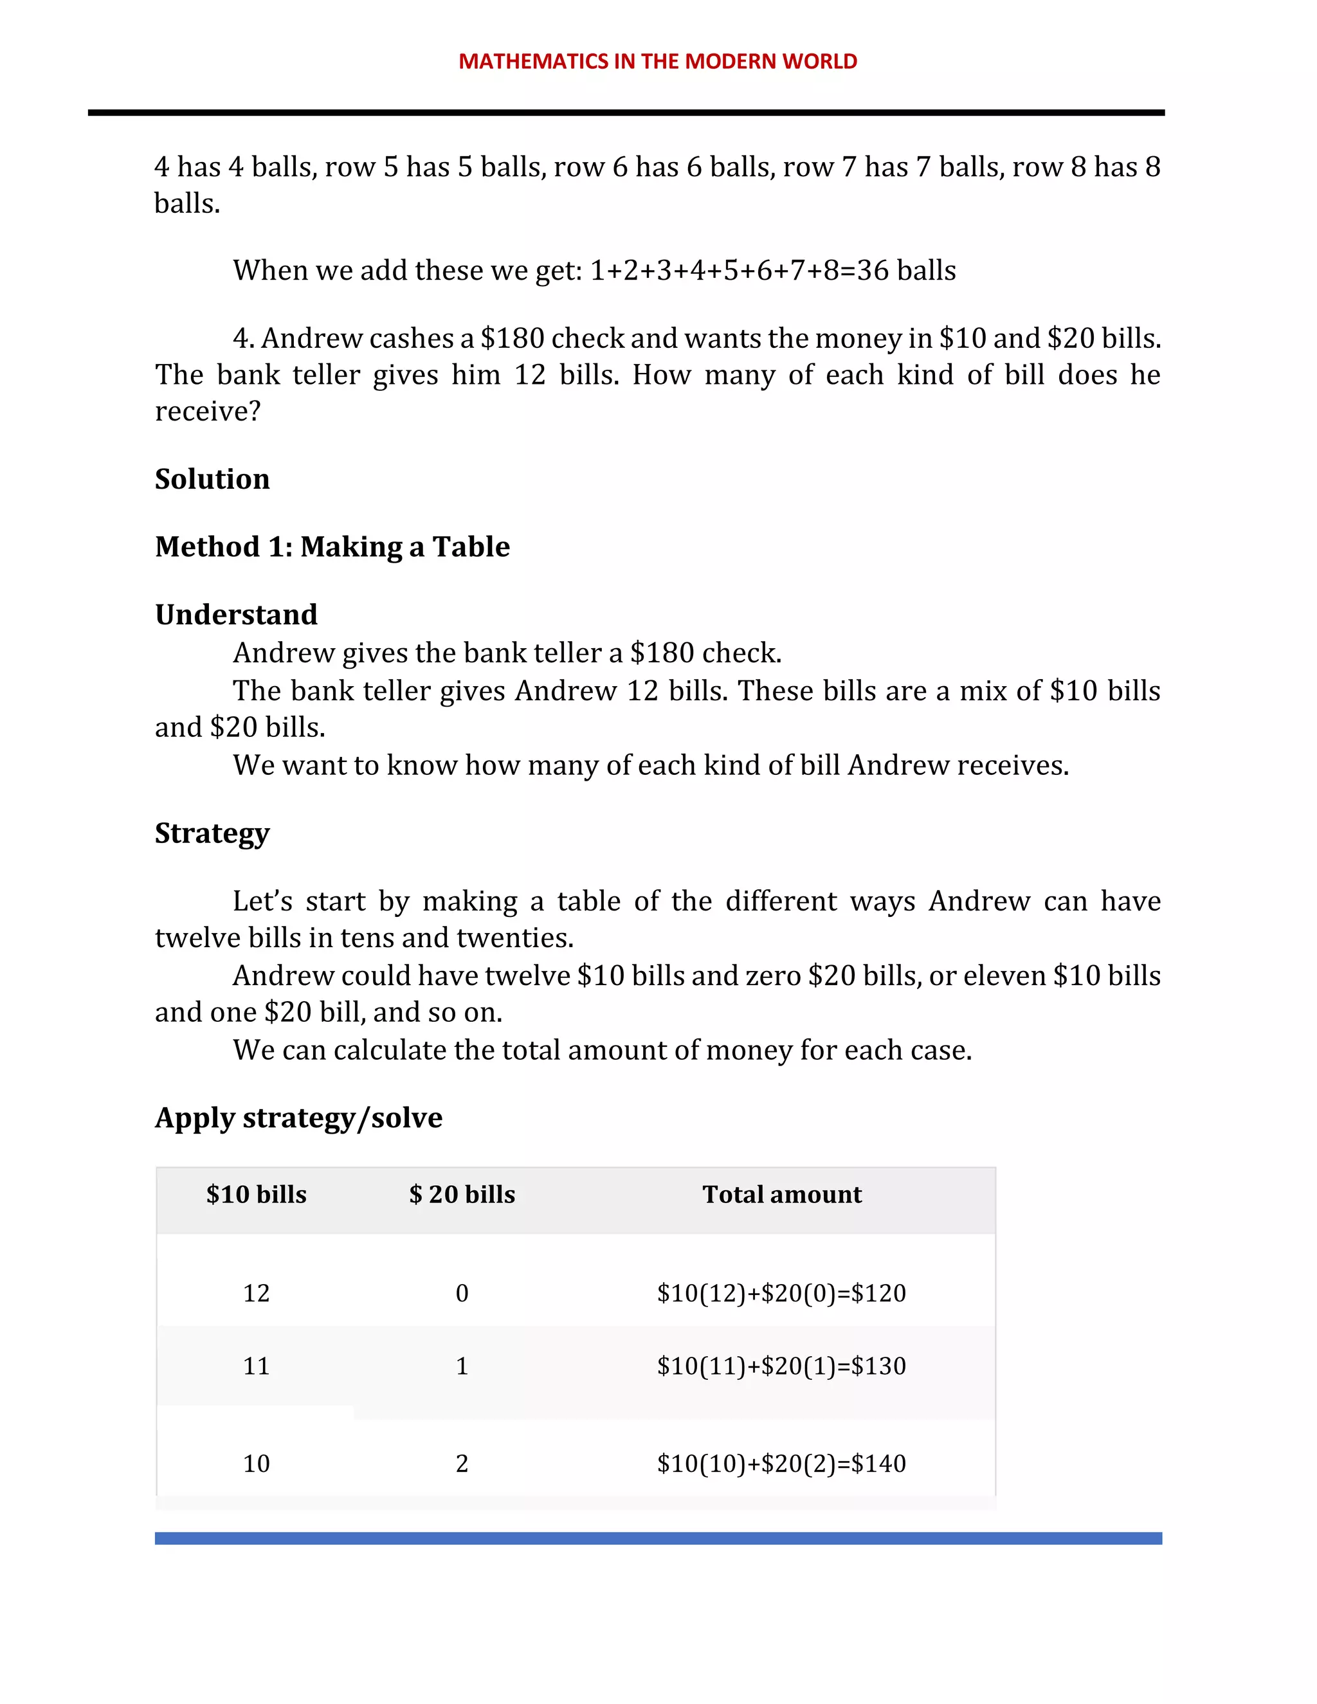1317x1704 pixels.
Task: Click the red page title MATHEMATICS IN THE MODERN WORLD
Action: (658, 61)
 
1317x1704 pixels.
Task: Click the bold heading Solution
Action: (212, 478)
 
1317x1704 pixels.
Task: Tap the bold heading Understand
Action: (237, 614)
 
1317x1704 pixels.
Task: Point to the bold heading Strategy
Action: (212, 833)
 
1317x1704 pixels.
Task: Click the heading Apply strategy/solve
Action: (299, 1118)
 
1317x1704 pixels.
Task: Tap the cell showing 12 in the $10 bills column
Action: (256, 1293)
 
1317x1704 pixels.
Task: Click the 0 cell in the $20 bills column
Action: (462, 1293)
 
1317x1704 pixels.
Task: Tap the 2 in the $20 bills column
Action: (462, 1463)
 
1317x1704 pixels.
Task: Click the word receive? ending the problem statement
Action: (208, 411)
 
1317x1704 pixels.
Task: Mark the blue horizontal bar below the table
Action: (658, 1538)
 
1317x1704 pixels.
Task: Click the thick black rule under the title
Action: (626, 113)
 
